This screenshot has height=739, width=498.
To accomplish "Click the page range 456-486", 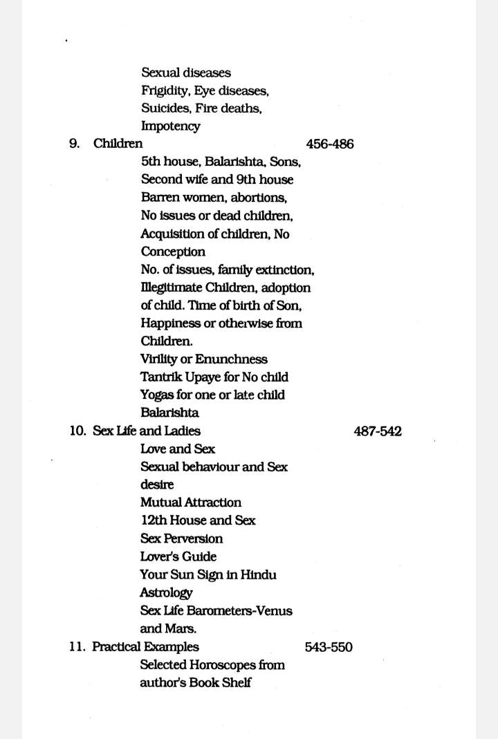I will click(x=329, y=144).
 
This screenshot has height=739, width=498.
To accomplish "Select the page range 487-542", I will click(x=377, y=431).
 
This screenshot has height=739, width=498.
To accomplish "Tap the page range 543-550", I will click(x=328, y=647).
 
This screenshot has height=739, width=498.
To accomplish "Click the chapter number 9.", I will click(x=74, y=144).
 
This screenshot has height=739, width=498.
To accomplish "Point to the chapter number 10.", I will click(x=77, y=431).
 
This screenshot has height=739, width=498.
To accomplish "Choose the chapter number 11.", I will click(x=77, y=647).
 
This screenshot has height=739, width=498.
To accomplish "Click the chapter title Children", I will click(x=118, y=144).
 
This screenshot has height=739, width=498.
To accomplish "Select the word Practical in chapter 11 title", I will click(x=117, y=647).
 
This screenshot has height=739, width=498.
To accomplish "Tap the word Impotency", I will click(x=171, y=127).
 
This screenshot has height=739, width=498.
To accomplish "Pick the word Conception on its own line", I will click(x=173, y=252).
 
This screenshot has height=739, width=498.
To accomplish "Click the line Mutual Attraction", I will click(x=191, y=503).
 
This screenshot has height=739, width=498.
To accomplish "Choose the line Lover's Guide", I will click(x=178, y=556).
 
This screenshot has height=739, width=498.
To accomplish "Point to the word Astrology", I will click(x=166, y=593).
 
